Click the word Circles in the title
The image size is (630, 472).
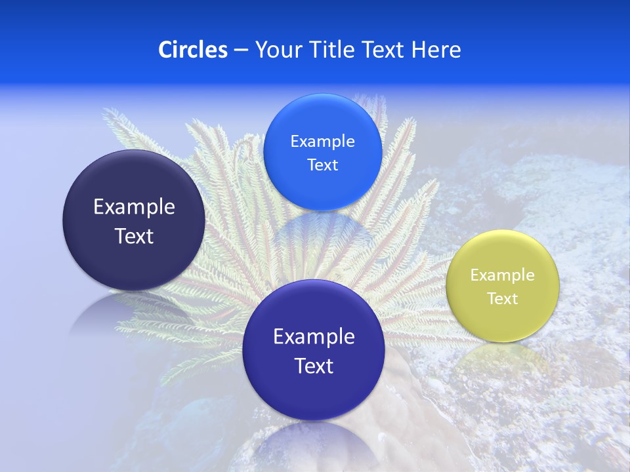(192, 50)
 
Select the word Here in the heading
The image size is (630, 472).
(436, 50)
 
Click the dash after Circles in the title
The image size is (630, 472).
(241, 50)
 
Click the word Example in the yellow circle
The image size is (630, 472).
(502, 275)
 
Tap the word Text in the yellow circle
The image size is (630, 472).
(503, 299)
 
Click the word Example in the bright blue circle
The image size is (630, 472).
(322, 142)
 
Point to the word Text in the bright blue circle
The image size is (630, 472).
(322, 165)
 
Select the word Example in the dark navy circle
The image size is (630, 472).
(134, 207)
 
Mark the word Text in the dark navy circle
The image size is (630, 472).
(134, 237)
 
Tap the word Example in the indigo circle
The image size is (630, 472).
(314, 337)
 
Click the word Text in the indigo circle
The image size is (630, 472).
(314, 366)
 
